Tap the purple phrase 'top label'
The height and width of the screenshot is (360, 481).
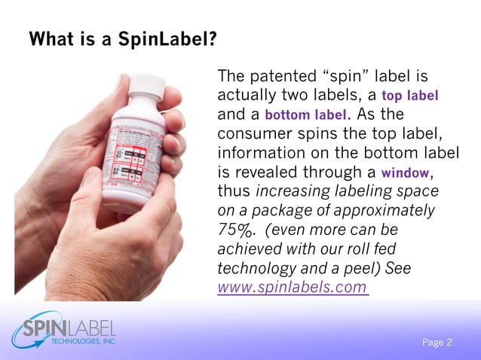coord(410,96)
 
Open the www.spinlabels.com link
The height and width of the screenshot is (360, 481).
coord(293,287)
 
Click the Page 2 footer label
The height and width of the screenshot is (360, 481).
coord(437,343)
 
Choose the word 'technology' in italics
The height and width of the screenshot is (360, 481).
coord(254,268)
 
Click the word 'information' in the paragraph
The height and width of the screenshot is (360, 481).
coord(259,154)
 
